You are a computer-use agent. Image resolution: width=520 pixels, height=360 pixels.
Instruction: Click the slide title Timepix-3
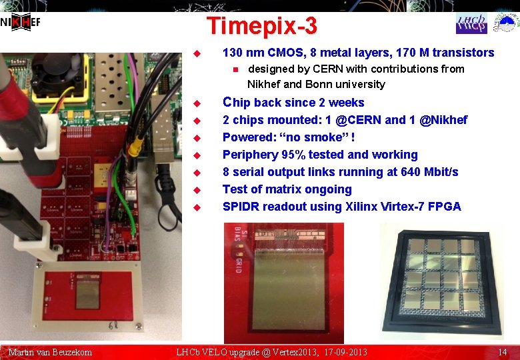261,27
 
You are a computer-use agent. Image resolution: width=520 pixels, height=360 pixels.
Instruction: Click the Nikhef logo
20,23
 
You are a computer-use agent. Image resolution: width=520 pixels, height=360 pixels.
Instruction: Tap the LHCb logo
471,23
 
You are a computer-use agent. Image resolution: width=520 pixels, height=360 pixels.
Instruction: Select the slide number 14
503,351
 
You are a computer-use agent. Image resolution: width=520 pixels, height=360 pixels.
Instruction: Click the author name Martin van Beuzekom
50,351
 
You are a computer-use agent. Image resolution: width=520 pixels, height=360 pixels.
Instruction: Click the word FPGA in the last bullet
445,207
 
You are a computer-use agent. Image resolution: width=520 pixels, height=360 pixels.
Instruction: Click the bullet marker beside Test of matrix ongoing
195,190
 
